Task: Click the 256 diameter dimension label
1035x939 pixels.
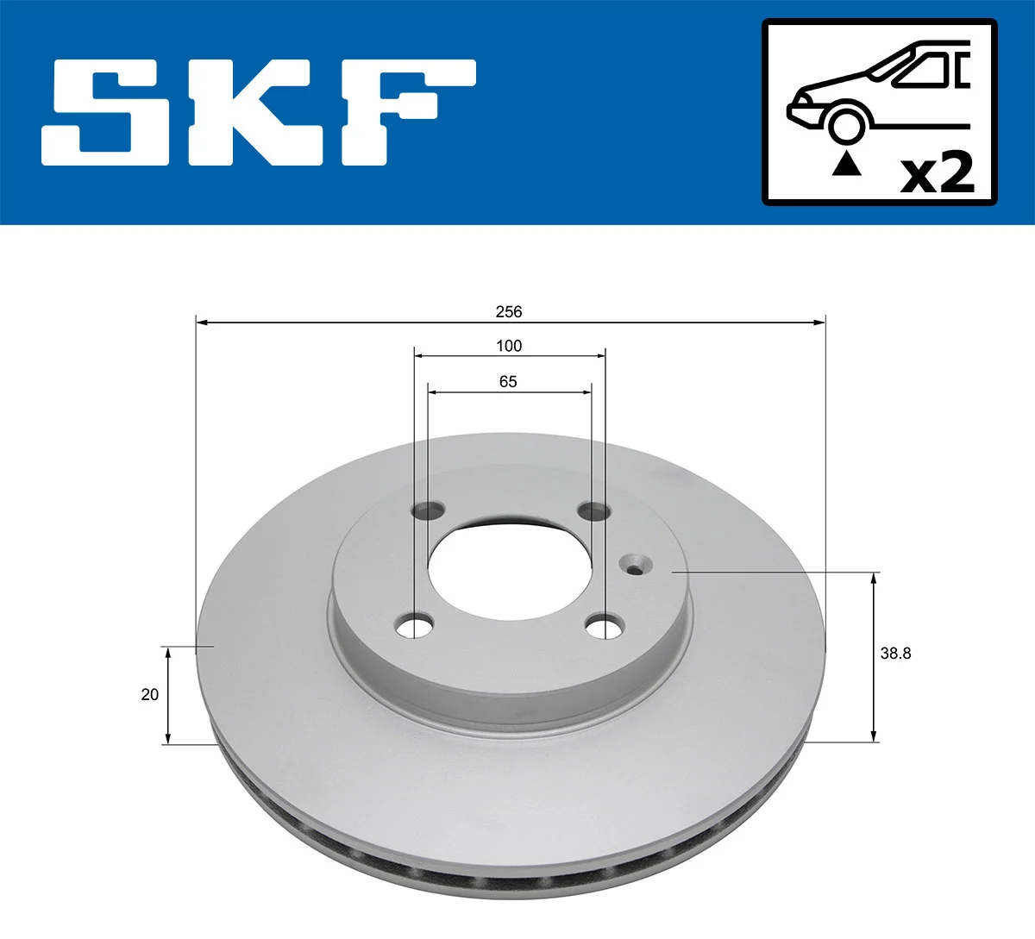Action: coord(509,311)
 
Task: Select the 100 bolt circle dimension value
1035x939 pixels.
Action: coord(509,346)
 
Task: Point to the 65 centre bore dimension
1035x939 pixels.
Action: coord(508,381)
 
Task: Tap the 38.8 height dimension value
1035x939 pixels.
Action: coord(895,653)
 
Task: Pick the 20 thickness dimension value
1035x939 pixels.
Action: coord(150,694)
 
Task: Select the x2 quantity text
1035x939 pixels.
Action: coord(937,172)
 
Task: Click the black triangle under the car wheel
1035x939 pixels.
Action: coord(846,163)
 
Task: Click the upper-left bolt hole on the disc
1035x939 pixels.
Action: coord(427,511)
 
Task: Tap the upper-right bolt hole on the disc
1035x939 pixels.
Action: coord(593,512)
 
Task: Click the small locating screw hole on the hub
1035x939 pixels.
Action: coord(636,566)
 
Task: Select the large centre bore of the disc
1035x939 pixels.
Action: coord(509,569)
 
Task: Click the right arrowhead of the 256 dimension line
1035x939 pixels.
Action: coord(819,322)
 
